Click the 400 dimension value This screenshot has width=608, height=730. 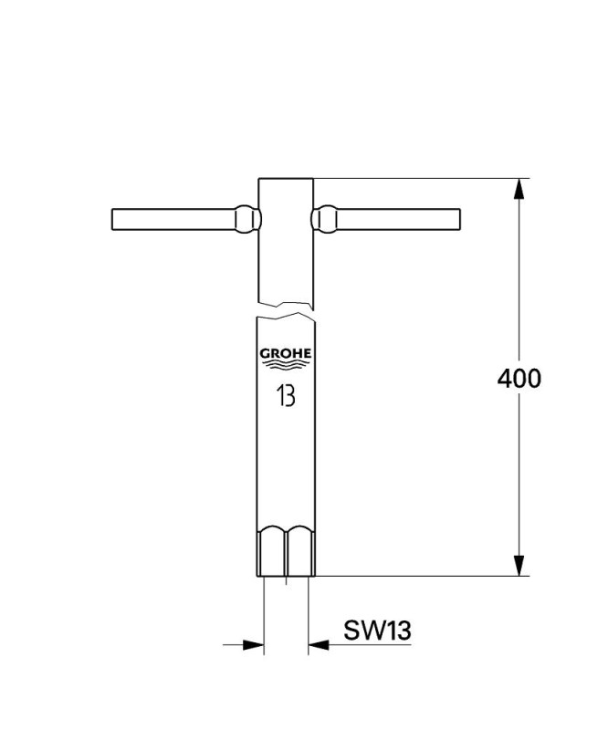pos(519,379)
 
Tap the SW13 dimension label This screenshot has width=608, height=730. pos(377,631)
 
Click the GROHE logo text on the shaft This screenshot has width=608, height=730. pos(286,354)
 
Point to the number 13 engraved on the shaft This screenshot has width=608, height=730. pos(286,396)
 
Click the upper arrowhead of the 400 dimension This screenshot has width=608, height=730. pos(519,189)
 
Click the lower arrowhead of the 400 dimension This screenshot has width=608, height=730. pos(519,565)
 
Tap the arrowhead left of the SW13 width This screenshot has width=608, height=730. pos(254,645)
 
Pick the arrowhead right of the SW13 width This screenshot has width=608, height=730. pos(319,645)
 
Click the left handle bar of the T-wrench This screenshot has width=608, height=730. pos(173,219)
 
